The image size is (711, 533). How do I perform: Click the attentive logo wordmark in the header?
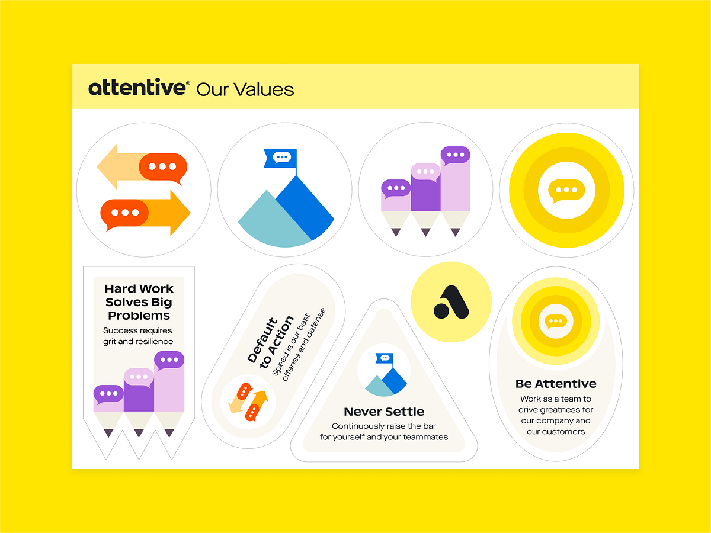click(x=139, y=88)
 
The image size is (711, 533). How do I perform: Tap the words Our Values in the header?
click(x=245, y=89)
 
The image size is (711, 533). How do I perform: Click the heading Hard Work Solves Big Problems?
click(x=139, y=302)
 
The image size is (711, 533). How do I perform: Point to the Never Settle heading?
click(x=384, y=412)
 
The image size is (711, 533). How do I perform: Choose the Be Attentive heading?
click(x=556, y=384)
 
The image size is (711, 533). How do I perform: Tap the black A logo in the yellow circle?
click(x=451, y=302)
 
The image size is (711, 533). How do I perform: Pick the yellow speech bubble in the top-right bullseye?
click(x=566, y=190)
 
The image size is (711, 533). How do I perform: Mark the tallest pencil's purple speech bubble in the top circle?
click(x=455, y=155)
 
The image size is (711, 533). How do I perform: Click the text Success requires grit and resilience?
click(x=138, y=336)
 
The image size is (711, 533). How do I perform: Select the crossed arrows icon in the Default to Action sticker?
click(x=248, y=402)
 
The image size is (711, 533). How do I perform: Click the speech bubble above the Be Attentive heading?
click(x=556, y=321)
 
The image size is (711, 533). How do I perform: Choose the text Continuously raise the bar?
click(x=384, y=426)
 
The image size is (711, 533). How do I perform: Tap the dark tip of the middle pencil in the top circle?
click(x=425, y=232)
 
